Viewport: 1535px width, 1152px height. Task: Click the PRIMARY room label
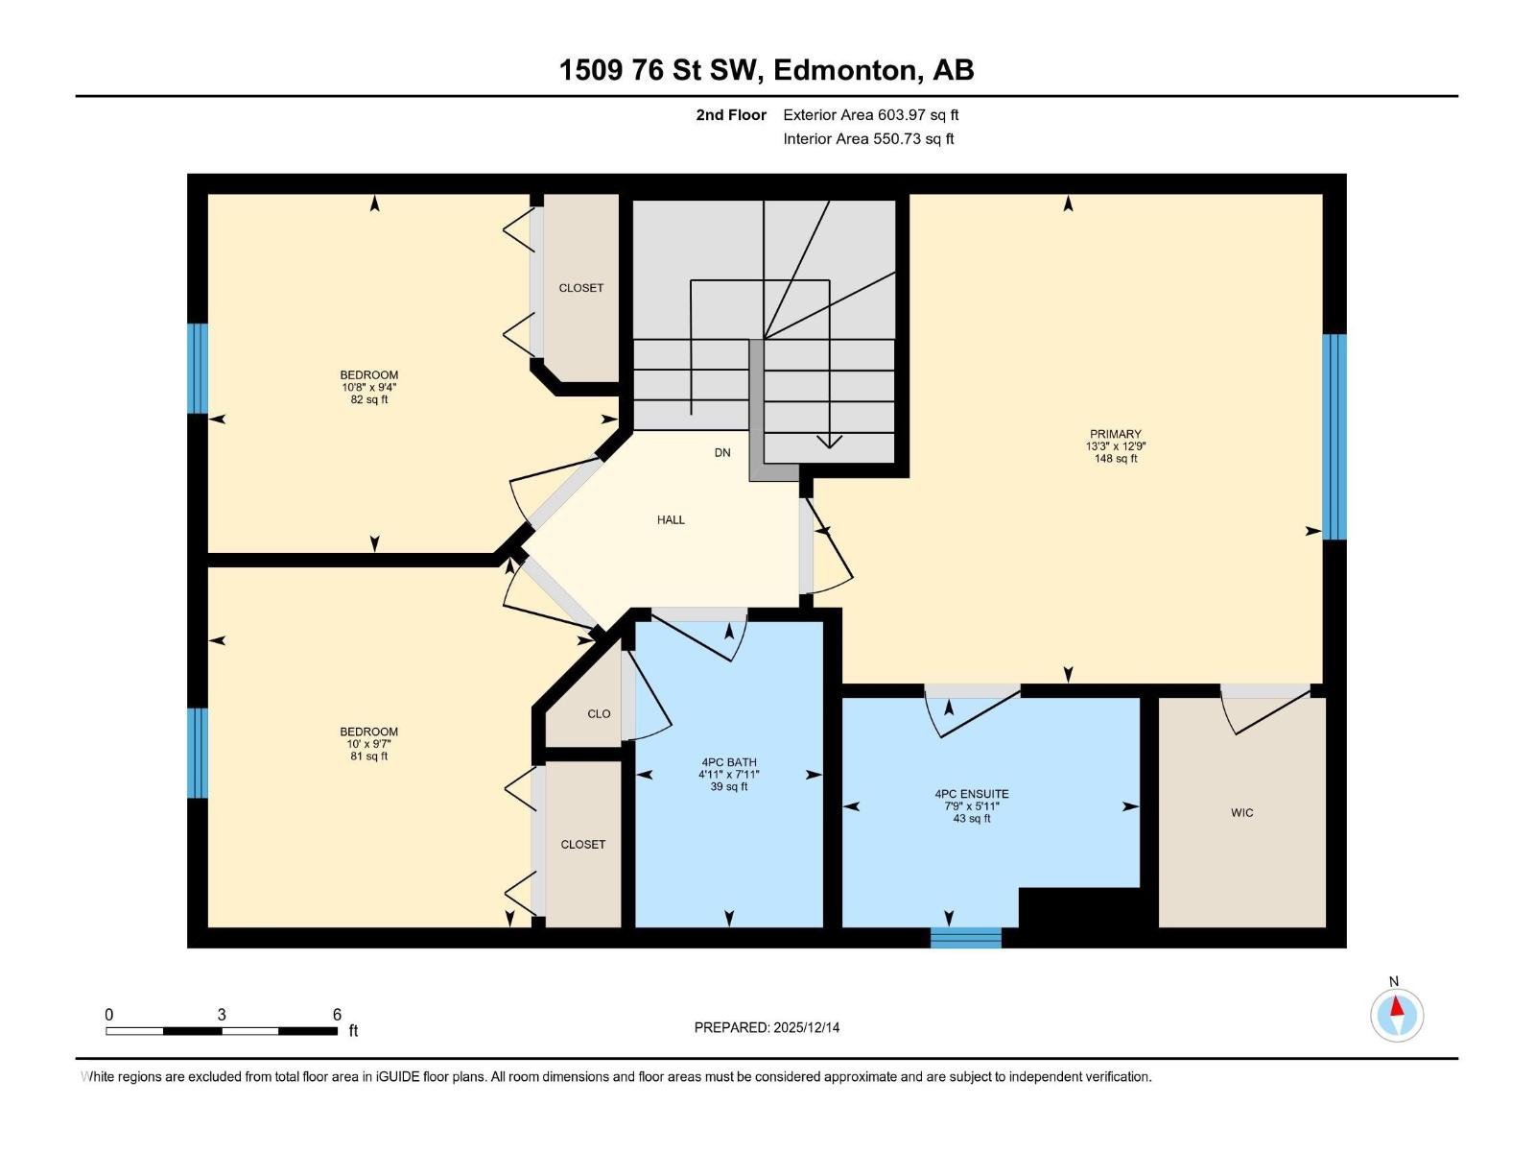[x=1115, y=434]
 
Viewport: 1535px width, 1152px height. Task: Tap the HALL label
[x=671, y=520]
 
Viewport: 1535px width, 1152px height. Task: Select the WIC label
[x=1241, y=813]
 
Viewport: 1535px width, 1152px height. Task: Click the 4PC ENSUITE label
[x=972, y=794]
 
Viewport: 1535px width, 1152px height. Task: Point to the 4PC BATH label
[x=728, y=762]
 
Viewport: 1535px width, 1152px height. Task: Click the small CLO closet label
[x=599, y=714]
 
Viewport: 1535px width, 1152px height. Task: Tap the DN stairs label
[x=722, y=453]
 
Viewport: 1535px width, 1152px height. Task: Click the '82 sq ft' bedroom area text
[x=369, y=399]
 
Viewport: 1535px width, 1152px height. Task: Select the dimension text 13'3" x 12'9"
[x=1116, y=446]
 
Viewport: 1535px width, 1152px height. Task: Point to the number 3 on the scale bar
[x=222, y=1015]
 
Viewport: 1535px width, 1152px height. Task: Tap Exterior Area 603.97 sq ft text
[x=870, y=115]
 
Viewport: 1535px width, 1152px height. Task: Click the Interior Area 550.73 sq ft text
[x=868, y=139]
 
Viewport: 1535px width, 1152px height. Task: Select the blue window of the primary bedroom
[x=1334, y=437]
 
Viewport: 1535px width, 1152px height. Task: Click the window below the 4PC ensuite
[x=966, y=937]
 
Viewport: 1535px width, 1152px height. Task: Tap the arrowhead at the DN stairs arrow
[x=829, y=442]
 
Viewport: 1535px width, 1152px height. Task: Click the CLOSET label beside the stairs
[x=581, y=288]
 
